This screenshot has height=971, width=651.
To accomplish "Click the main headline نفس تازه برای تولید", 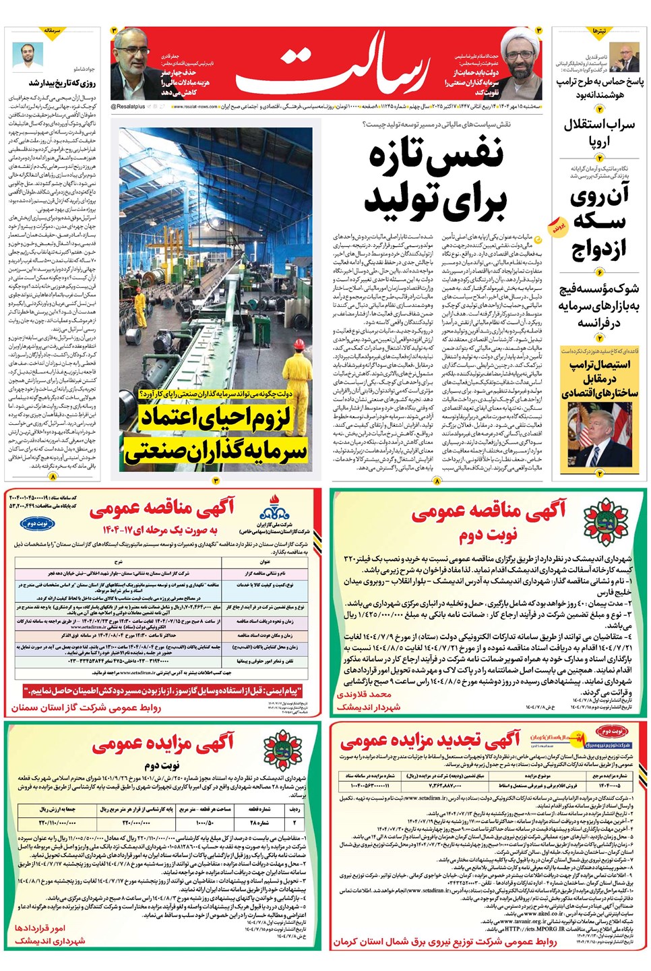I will tap(435, 179).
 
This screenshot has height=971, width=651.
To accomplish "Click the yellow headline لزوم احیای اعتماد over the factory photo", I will tap(216, 417).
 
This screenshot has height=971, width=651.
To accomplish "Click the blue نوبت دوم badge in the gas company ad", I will tap(32, 523).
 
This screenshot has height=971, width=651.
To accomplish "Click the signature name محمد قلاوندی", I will tap(364, 694).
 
